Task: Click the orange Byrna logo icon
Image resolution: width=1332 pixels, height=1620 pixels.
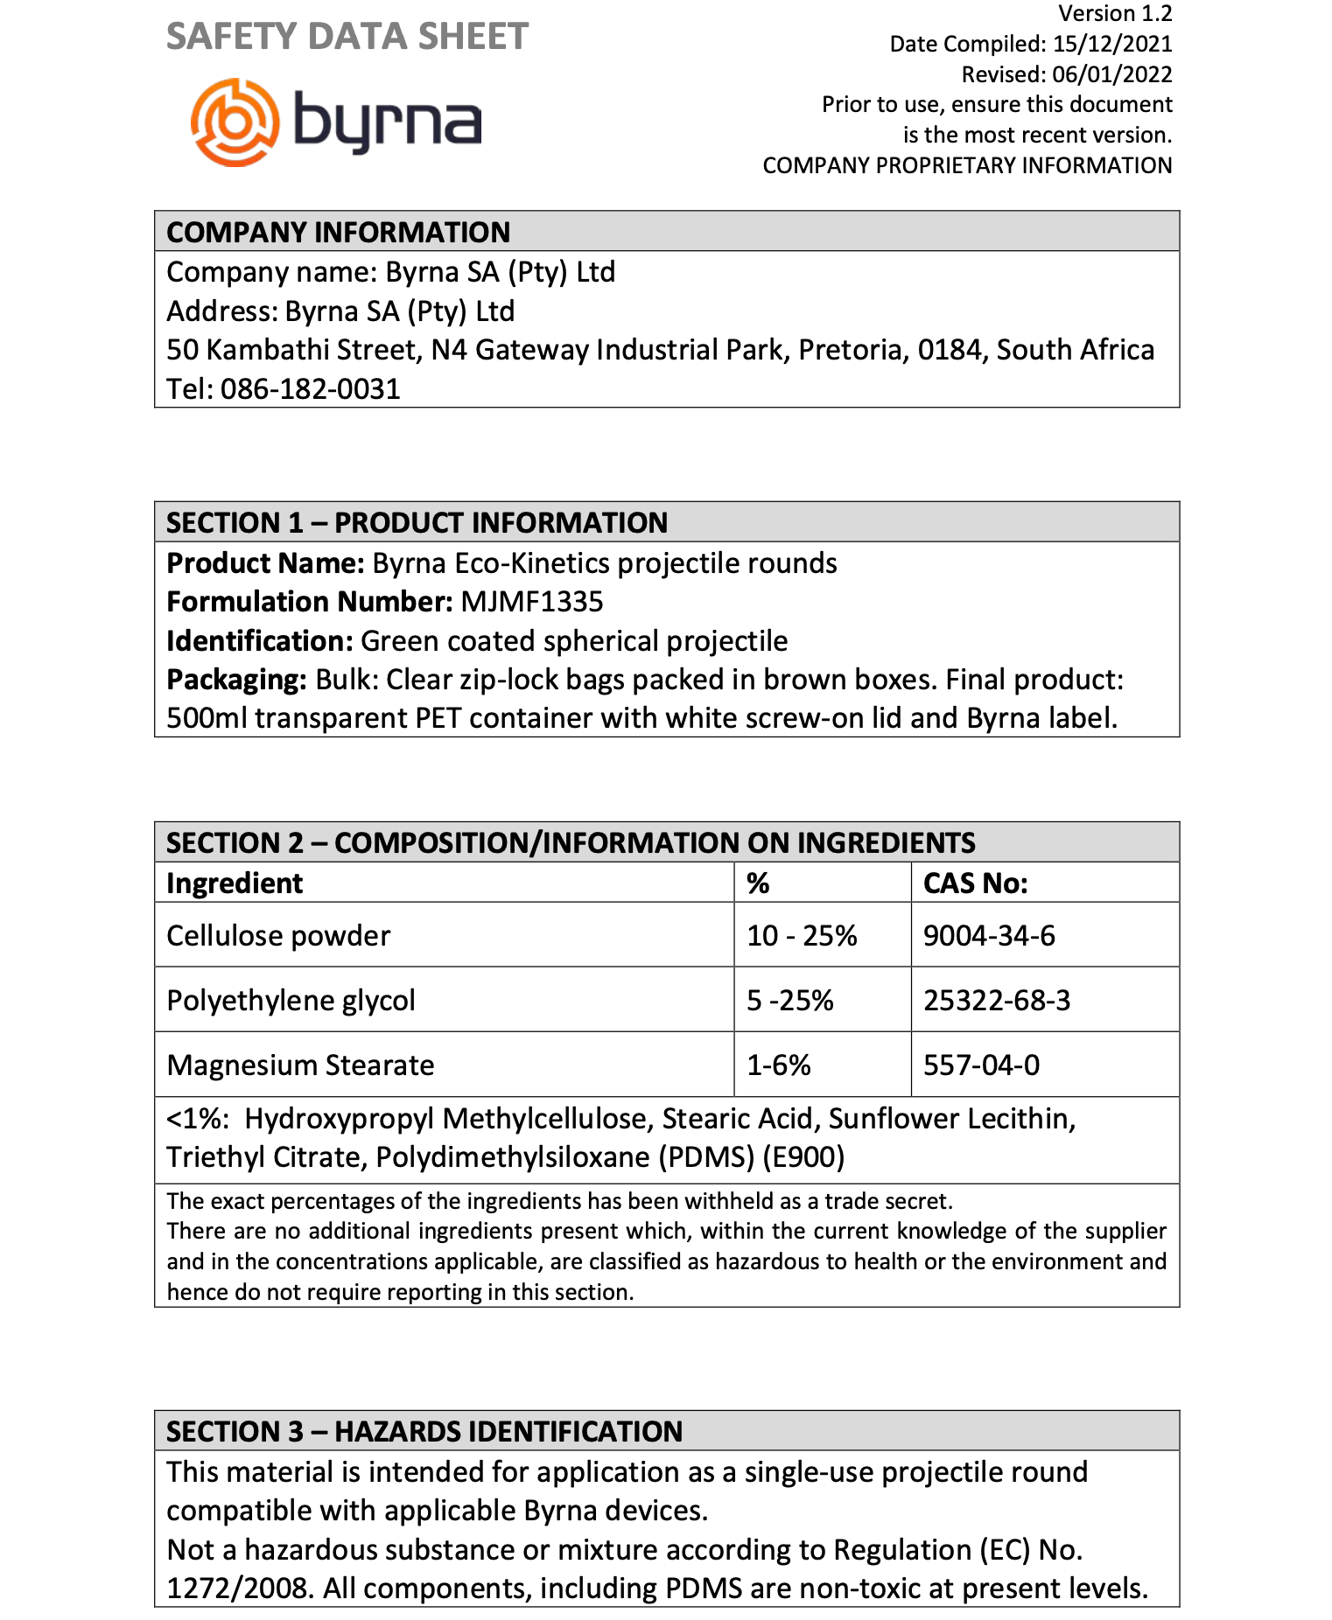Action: pos(235,122)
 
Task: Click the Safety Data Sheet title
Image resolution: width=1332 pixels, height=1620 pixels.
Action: pos(347,37)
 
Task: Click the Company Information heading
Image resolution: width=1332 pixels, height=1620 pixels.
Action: pos(338,232)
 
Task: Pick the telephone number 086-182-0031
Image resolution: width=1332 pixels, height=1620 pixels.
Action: pos(310,388)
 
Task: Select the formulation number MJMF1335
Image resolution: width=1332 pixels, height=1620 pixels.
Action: pos(532,602)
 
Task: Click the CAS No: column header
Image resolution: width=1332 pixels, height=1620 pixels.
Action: pos(975,883)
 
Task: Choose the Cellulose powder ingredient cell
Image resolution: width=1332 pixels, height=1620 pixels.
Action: pos(278,936)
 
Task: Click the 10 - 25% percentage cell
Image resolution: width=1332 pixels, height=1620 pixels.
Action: pos(802,936)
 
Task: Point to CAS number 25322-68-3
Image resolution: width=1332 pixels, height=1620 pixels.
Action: pos(997,1001)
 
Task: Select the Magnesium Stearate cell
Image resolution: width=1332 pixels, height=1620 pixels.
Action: pos(300,1065)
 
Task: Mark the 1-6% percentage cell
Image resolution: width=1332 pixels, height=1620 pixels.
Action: pos(779,1065)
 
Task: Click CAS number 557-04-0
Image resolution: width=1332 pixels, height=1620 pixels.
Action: pos(981,1065)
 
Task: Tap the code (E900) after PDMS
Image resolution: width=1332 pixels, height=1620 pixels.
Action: pos(803,1157)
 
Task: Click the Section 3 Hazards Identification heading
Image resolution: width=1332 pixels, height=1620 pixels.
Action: pos(424,1432)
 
